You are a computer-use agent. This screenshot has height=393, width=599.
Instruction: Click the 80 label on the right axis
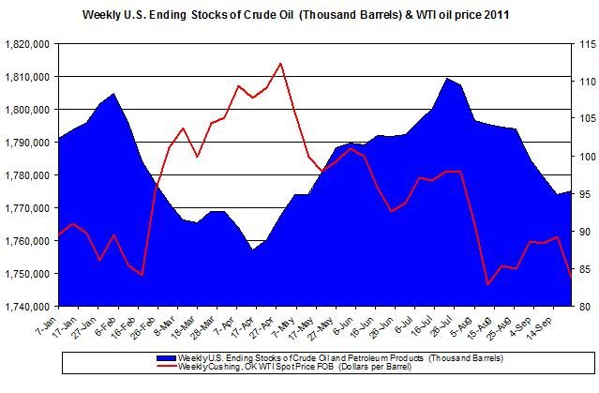coord(582,307)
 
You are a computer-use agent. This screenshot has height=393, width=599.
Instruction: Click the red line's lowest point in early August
coord(487,284)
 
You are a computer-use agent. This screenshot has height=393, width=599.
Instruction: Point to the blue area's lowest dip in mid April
coord(252,250)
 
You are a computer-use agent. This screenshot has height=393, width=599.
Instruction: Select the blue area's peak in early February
coord(113,94)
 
